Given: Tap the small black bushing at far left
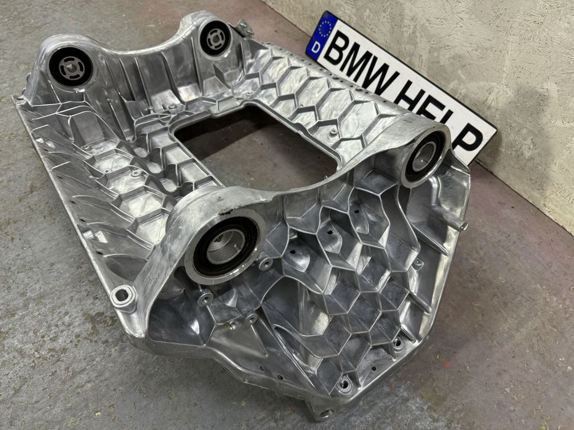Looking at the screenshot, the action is (71, 68).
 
